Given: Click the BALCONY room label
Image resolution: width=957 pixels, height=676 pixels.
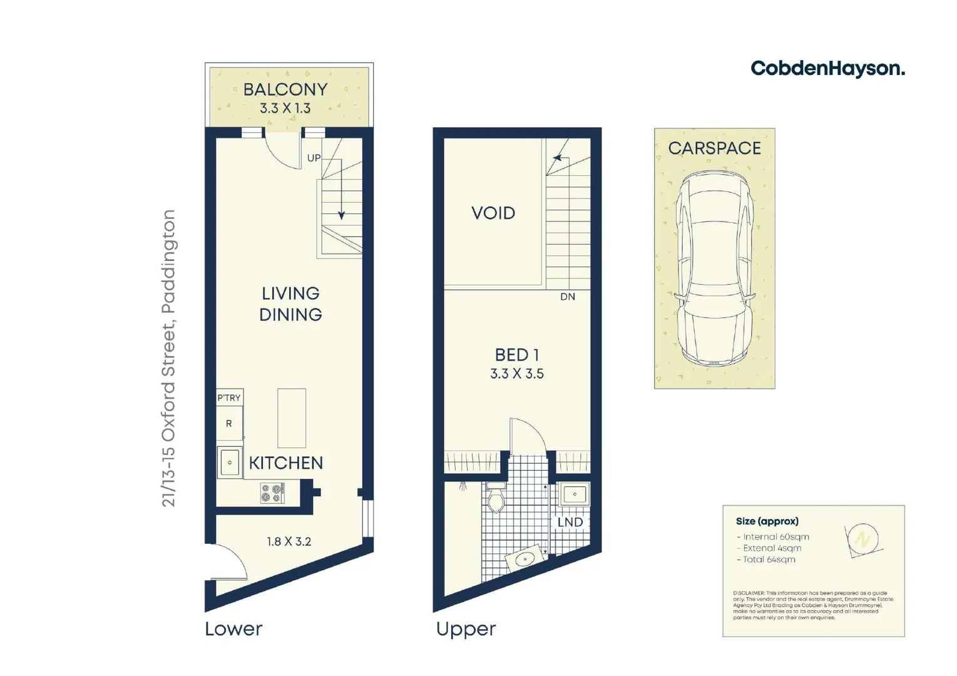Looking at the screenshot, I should tap(285, 90).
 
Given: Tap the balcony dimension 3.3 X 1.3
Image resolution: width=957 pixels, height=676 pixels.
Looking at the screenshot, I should tap(285, 108).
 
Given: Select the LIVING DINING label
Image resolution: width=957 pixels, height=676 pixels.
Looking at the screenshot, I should tap(290, 304).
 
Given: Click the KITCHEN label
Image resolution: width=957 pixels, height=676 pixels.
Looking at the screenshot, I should tap(286, 463).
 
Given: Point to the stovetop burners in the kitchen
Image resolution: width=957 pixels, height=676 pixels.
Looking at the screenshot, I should tap(272, 493).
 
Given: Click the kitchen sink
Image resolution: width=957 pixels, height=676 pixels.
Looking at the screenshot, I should tap(230, 463).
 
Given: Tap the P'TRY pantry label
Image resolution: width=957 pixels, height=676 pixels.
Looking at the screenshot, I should tap(229, 397).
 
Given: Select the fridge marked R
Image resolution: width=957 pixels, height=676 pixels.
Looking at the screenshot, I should tap(229, 424).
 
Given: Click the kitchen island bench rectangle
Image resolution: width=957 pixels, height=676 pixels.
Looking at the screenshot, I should tap(292, 417).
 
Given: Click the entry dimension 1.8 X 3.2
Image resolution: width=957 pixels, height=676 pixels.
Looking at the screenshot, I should tap(289, 541).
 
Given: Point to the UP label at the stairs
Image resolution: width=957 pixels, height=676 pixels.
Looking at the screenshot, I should tap(314, 158).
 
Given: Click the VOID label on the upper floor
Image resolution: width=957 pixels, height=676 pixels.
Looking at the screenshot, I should tap(493, 213).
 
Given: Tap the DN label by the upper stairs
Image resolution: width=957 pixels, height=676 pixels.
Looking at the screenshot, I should tap(567, 297).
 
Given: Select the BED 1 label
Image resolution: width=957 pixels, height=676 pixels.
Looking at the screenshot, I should tap(517, 355).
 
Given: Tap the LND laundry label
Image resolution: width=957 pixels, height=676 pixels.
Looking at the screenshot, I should tap(570, 522).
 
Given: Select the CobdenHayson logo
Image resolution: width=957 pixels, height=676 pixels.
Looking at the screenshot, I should tap(827, 68).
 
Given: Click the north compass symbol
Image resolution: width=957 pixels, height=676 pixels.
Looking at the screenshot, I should tap(863, 539).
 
